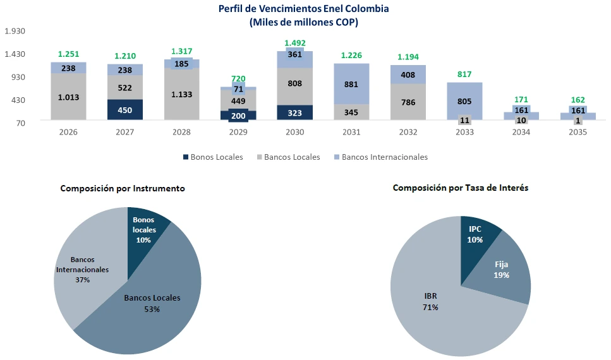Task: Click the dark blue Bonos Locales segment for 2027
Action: [124, 110]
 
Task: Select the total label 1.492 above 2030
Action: [294, 43]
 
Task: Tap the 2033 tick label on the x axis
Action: [464, 133]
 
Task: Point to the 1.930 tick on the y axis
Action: [14, 31]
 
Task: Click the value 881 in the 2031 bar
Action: [351, 83]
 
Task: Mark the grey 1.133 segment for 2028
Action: [181, 94]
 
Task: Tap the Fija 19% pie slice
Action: [502, 270]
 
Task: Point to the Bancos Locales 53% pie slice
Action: [152, 303]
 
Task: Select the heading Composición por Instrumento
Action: [123, 188]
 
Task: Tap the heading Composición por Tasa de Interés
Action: [461, 188]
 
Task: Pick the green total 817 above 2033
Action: [464, 74]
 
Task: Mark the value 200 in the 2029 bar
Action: [238, 116]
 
